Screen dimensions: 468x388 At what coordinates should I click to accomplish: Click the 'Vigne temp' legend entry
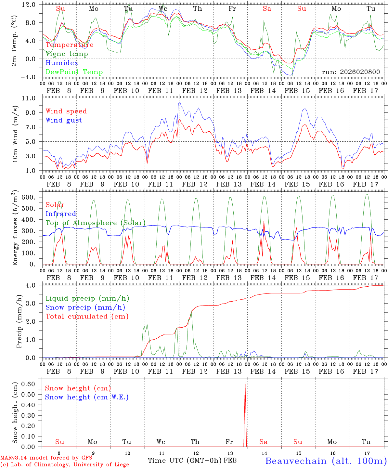click(67, 54)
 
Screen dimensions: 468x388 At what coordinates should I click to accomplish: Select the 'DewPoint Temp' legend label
click(74, 72)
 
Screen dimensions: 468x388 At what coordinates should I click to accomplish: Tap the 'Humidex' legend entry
click(62, 63)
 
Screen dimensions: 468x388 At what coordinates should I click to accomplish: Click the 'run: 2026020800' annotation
click(351, 72)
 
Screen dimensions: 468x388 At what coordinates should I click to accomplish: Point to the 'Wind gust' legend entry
click(64, 120)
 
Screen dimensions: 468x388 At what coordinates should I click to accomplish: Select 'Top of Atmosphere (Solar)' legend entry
click(95, 223)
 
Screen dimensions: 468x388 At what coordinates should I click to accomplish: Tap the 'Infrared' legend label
click(61, 214)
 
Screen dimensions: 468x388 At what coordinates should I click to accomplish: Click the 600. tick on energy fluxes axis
click(28, 198)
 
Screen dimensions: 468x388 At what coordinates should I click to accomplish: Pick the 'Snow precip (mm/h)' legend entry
click(85, 307)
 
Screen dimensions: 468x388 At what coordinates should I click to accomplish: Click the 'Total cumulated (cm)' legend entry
click(87, 317)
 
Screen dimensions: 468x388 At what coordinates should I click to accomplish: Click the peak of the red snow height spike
click(245, 382)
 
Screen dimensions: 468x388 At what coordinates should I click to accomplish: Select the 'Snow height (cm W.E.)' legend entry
click(86, 397)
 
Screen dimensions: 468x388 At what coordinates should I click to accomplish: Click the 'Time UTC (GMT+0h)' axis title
click(185, 461)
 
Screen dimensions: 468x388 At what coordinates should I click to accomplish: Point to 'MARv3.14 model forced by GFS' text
click(46, 458)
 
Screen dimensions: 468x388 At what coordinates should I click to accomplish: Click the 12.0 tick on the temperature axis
click(30, 5)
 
